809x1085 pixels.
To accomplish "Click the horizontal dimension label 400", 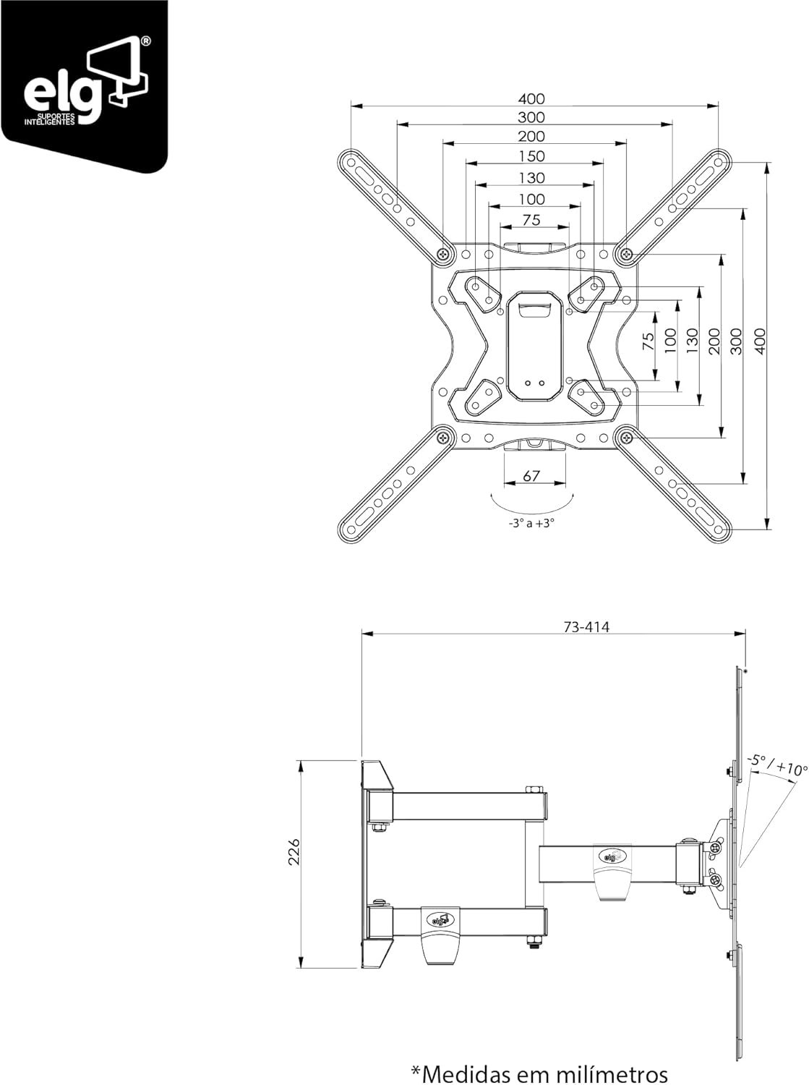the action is [x=531, y=99].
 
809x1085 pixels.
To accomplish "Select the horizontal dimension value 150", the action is [x=531, y=156].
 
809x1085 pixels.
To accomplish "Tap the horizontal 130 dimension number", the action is [x=531, y=177].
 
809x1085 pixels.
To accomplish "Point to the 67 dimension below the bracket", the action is [x=531, y=476].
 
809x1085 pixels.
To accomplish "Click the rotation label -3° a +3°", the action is [x=531, y=524].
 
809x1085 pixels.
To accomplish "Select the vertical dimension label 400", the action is [x=761, y=341].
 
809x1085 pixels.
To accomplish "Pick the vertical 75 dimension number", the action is [x=649, y=341].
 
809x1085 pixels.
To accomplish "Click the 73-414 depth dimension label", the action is [x=586, y=627].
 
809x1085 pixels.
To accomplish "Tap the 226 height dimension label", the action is [x=294, y=851].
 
